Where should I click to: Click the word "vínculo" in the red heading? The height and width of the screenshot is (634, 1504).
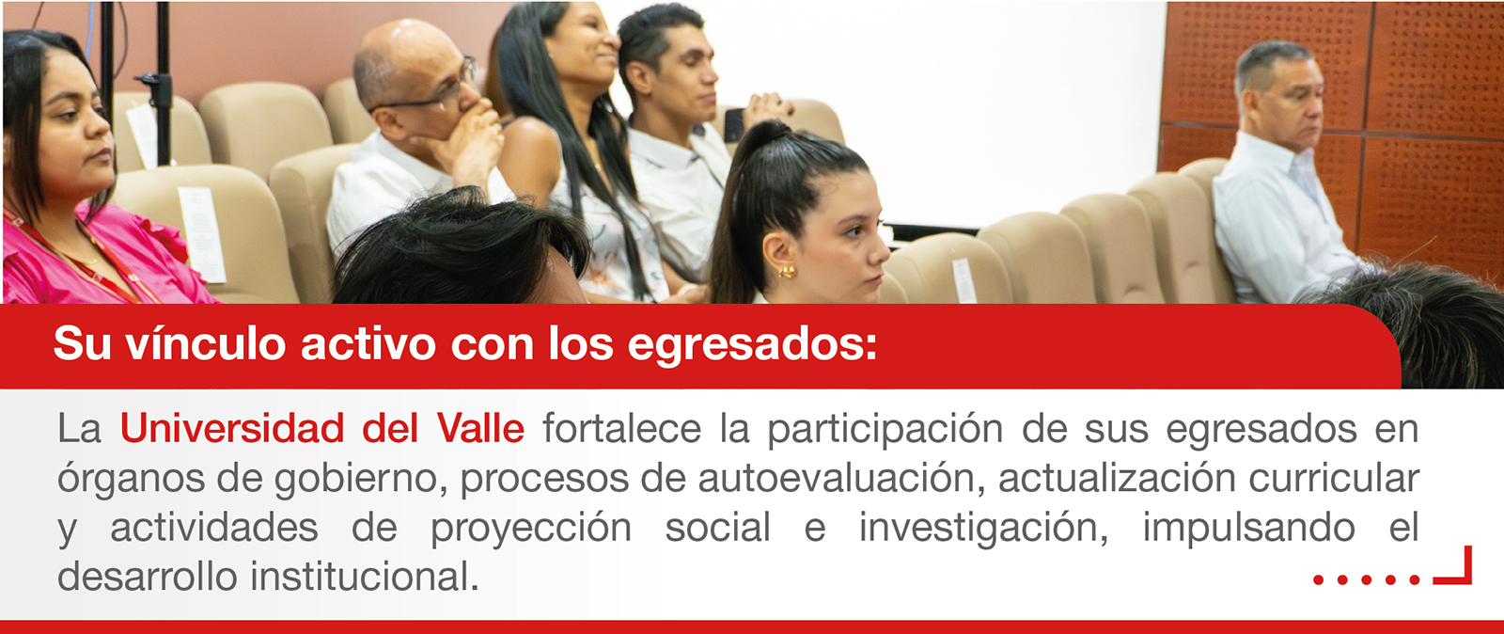[206, 344]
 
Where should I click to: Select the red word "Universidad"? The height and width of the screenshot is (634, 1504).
[232, 428]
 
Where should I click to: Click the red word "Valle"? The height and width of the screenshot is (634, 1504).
[480, 428]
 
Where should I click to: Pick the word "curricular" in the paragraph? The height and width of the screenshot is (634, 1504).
[1334, 478]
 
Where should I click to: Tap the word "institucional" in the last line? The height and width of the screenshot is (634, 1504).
[365, 577]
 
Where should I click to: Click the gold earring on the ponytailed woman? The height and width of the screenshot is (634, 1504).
[786, 271]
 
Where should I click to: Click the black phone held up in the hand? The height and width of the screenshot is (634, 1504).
[734, 124]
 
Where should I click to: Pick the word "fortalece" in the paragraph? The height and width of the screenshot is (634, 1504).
[621, 428]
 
